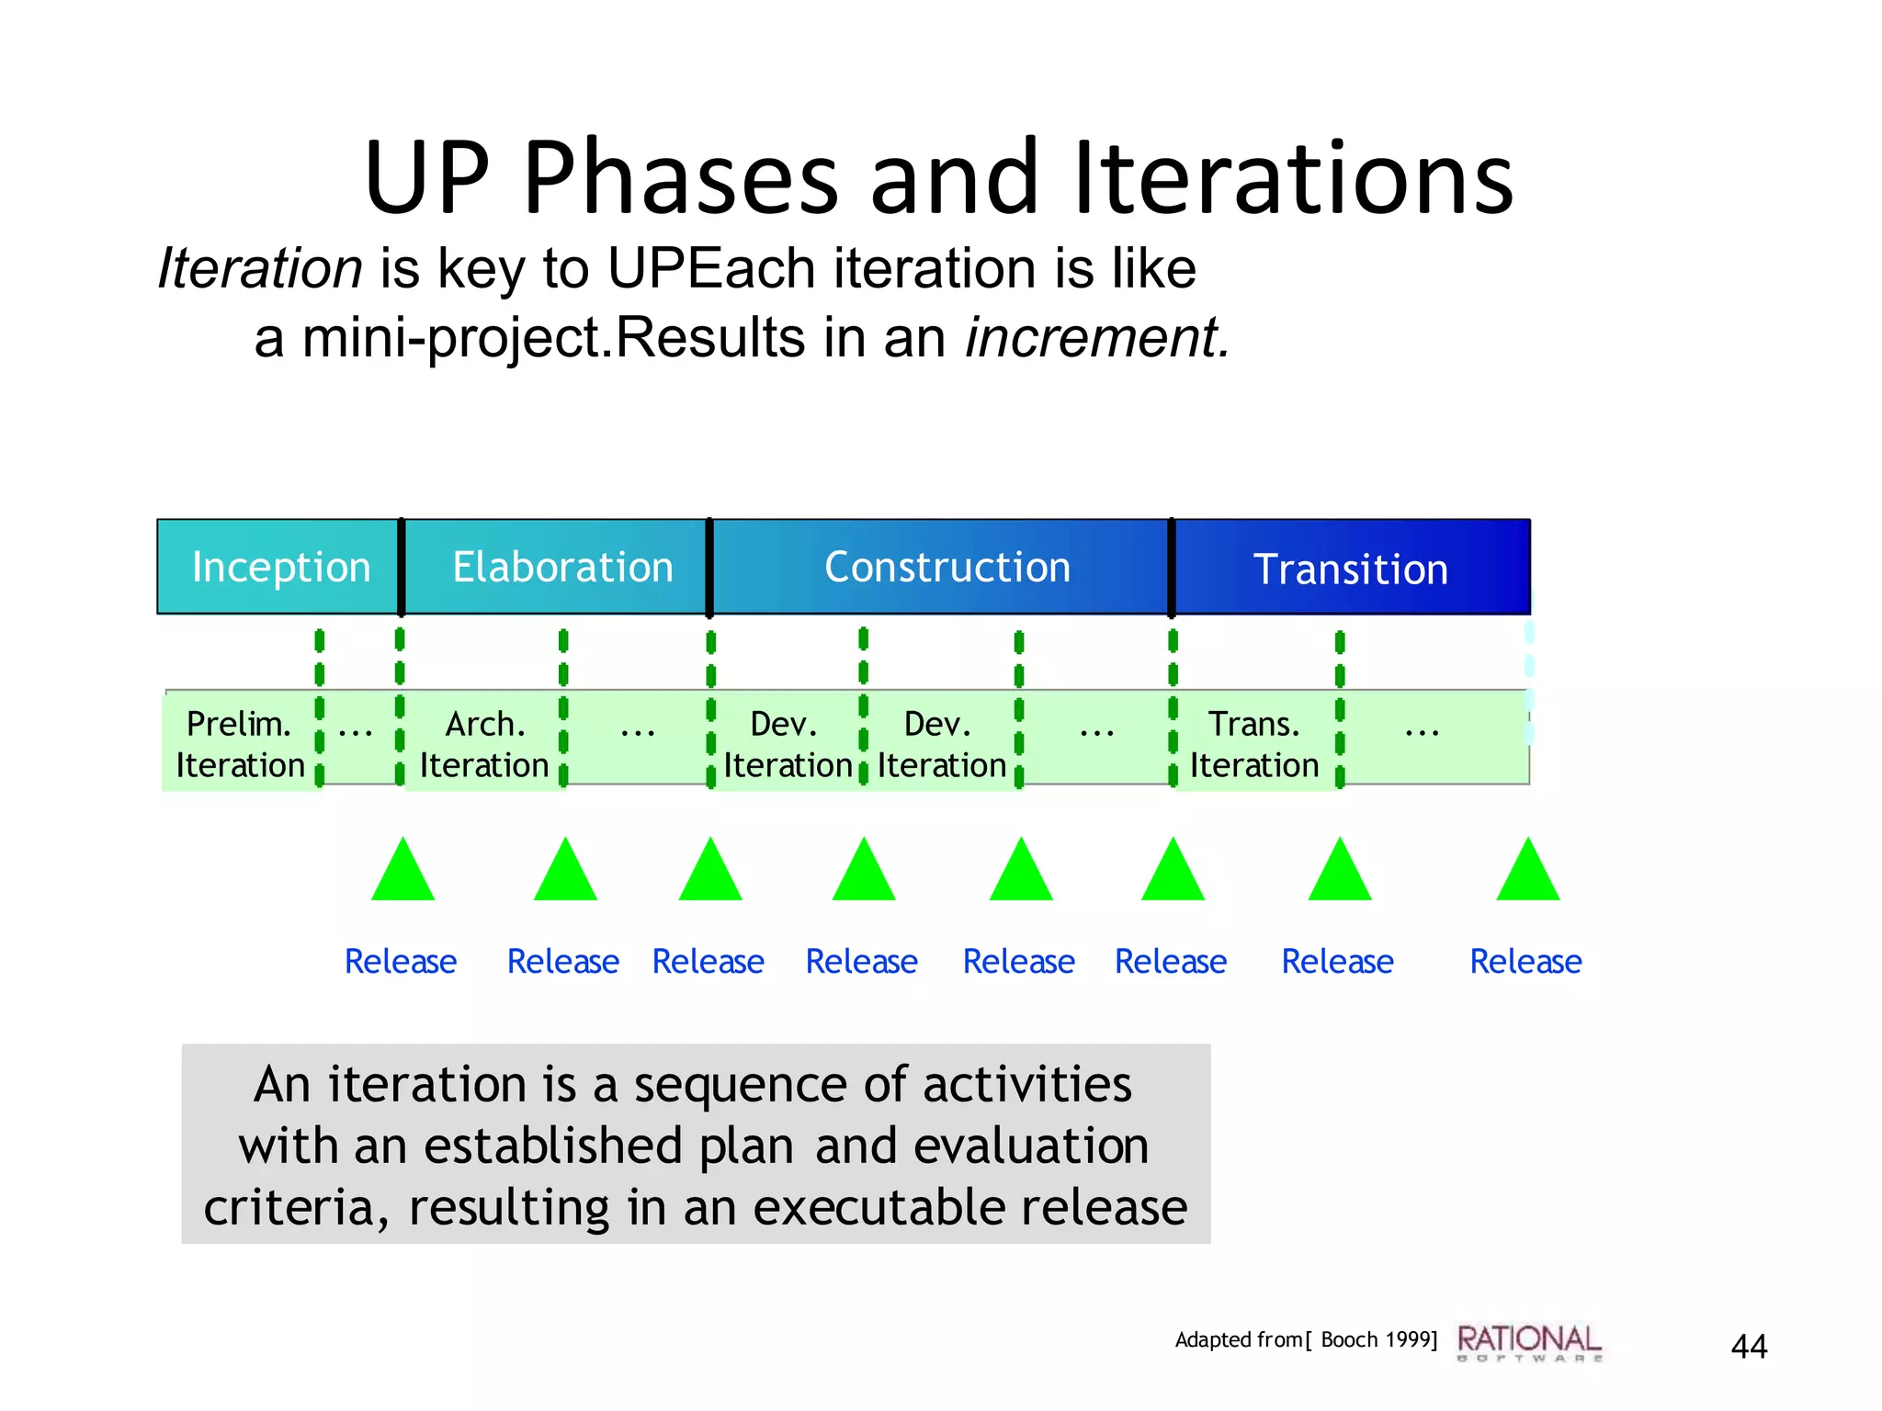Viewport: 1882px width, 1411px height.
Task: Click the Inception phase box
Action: tap(280, 567)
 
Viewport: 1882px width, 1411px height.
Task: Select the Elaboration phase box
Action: tap(561, 567)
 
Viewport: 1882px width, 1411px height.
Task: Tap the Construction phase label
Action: tap(947, 567)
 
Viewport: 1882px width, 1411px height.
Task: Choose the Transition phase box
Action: tap(1350, 569)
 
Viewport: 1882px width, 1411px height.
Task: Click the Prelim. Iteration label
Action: tap(240, 744)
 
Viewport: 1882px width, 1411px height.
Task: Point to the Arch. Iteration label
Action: tap(484, 744)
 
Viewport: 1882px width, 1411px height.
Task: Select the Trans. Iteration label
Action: tap(1253, 744)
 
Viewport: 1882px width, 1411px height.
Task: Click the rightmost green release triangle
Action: tap(1527, 874)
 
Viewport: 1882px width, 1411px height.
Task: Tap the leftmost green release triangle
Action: tap(402, 874)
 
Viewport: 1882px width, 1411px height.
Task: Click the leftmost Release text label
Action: tap(401, 961)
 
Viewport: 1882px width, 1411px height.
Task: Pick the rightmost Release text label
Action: tap(1525, 961)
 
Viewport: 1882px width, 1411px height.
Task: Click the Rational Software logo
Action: tap(1529, 1342)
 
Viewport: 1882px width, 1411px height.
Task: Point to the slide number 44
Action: tap(1748, 1347)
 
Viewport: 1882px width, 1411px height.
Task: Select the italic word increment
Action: tap(1096, 337)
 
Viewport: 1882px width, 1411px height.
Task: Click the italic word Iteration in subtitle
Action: tap(260, 268)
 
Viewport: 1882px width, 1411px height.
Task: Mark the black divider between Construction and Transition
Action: tap(1171, 567)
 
